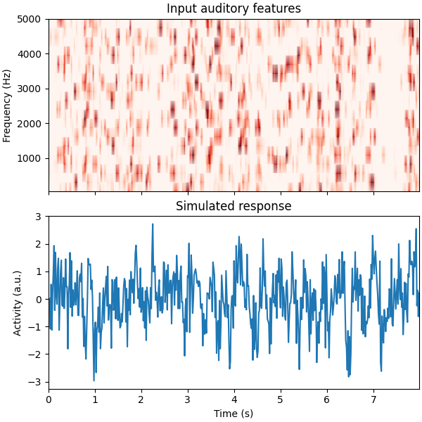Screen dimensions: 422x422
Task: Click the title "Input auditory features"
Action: point(234,8)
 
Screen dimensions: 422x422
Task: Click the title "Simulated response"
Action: point(234,206)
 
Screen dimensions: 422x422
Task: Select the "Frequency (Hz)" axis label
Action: point(8,105)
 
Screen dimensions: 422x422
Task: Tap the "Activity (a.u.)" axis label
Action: point(18,302)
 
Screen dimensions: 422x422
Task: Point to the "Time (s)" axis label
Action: point(234,414)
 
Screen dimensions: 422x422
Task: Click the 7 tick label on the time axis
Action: point(373,399)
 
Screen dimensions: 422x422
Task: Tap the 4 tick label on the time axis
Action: point(234,399)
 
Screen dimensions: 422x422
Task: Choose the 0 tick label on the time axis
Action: point(49,399)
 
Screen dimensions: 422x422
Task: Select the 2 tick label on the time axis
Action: point(141,399)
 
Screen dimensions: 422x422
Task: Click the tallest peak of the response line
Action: point(153,224)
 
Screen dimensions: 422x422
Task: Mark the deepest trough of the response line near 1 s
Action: point(94,381)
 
